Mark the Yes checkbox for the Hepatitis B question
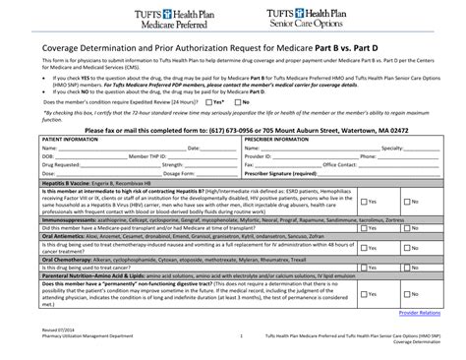pos(363,200)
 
